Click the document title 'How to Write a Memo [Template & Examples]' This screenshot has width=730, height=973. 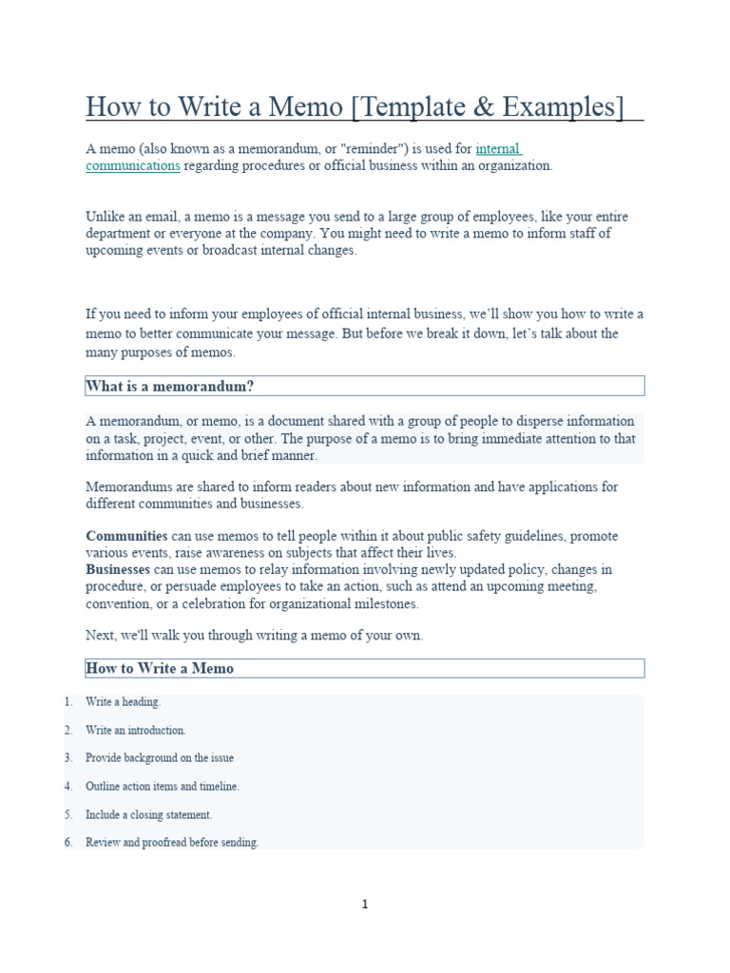(x=355, y=107)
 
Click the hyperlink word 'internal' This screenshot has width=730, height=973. (x=498, y=149)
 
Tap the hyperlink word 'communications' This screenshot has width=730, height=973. (x=132, y=165)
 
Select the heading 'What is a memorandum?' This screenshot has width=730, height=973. (x=170, y=386)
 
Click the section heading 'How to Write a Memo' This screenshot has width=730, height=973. (x=160, y=668)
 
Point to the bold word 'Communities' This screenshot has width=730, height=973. (x=126, y=537)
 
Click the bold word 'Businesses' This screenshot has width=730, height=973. (x=118, y=569)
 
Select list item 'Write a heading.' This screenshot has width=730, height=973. (x=123, y=702)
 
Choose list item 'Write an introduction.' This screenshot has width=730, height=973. (x=135, y=731)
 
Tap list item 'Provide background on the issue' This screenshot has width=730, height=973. (x=159, y=758)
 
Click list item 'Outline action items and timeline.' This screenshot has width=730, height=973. (x=162, y=787)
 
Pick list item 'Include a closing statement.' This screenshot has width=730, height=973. (x=148, y=815)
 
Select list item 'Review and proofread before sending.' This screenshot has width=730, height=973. (x=171, y=843)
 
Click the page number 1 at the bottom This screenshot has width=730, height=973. (x=364, y=905)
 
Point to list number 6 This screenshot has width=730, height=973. (x=68, y=843)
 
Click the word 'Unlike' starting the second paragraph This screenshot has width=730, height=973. (x=105, y=218)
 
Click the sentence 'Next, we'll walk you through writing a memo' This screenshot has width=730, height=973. (x=254, y=636)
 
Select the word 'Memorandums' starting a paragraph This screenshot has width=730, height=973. (x=126, y=487)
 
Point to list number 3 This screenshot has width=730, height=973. (x=68, y=758)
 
